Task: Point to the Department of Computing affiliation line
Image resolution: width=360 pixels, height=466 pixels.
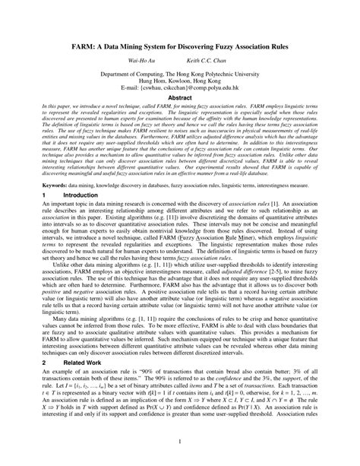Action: pyautogui.click(x=179, y=78)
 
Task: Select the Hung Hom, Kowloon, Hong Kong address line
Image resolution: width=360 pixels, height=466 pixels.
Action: pyautogui.click(x=179, y=86)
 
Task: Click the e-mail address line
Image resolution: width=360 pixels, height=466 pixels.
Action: pyautogui.click(x=179, y=94)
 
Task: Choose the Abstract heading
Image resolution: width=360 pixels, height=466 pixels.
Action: pyautogui.click(x=179, y=109)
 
